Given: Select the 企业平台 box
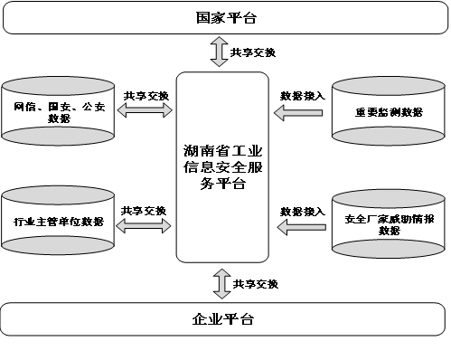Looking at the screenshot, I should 223,319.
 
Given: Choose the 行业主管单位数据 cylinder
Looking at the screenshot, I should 58,221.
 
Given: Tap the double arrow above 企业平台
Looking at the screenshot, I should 220,282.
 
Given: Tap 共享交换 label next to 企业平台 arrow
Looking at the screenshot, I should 256,283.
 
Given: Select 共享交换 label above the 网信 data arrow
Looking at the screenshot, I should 146,94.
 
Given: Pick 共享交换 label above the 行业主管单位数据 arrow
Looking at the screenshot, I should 145,210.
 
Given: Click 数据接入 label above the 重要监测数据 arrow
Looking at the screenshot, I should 302,94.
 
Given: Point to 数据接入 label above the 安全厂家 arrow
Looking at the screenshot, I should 302,211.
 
